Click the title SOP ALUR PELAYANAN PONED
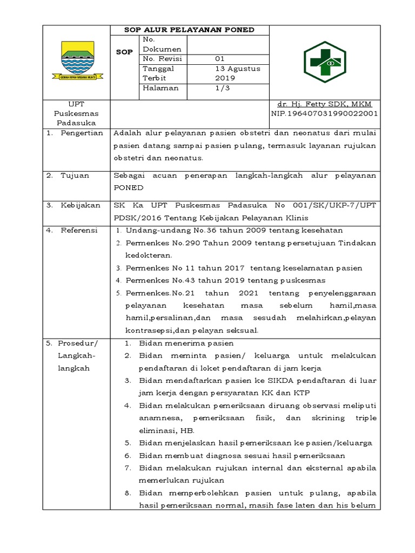pos(189,30)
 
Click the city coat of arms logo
pos(82,61)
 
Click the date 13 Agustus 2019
pos(237,73)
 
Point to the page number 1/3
pos(222,88)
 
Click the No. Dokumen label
pos(155,44)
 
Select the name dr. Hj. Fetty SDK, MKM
pos(324,104)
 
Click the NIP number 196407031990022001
pos(324,114)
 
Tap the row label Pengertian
pos(81,133)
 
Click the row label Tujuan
pos(75,176)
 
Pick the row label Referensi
pos(79,230)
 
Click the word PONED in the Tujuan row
pos(128,188)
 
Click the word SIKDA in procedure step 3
pos(263,381)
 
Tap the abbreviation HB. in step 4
pos(185,430)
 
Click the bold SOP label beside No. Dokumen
pos(125,52)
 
